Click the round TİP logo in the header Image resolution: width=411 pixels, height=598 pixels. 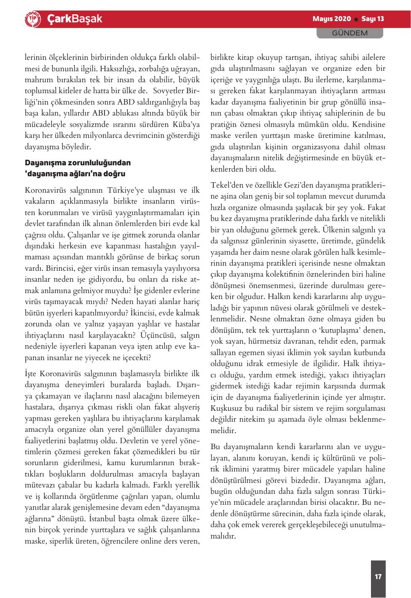33,19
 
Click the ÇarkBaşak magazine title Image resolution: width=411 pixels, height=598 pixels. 74,19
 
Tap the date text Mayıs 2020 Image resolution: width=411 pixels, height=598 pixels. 332,19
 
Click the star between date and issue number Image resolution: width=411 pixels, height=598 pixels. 356,19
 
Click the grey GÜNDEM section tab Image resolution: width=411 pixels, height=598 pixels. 350,33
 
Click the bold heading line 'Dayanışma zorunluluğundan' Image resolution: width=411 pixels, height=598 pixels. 78,162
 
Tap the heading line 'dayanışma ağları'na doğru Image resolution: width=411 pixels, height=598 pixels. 76,173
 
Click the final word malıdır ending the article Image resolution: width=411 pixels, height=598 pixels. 222,536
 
